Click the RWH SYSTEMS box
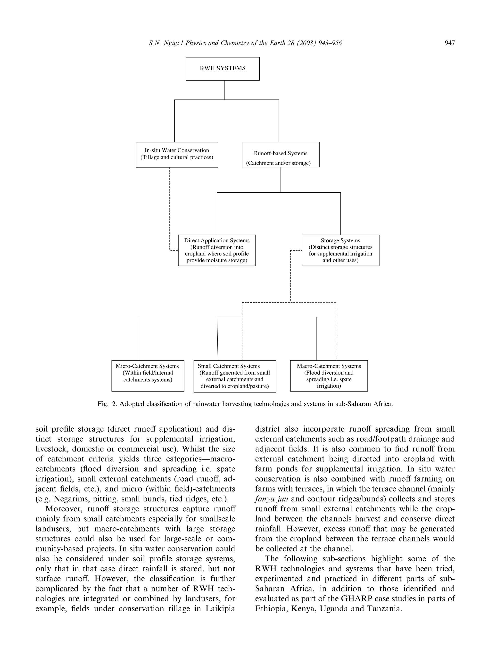coord(223,69)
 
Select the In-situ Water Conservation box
coord(177,154)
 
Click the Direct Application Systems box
coord(217,250)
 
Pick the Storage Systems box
coord(340,250)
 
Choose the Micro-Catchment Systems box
coord(148,376)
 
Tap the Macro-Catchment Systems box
coord(329,376)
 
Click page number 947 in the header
coord(450,43)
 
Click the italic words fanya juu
coord(271,499)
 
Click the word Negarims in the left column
coord(71,499)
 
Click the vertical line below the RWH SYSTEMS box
coord(224,90)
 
